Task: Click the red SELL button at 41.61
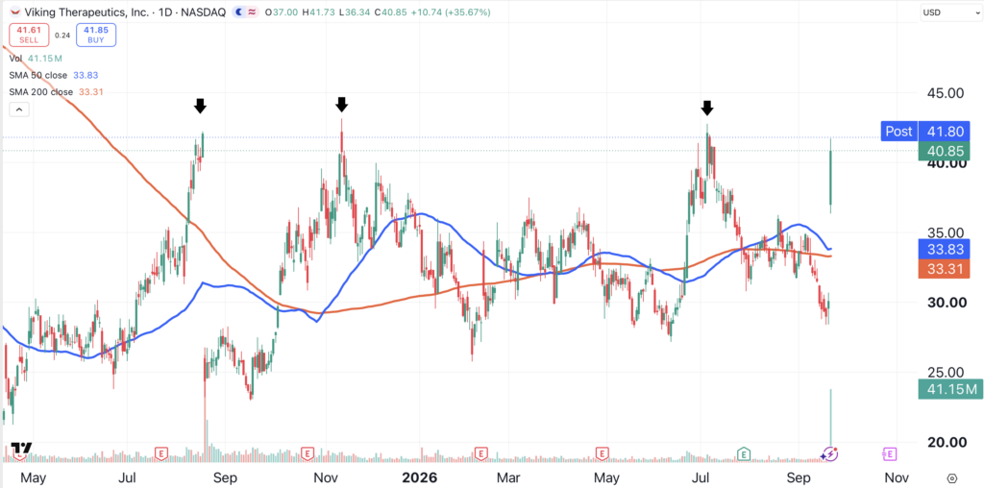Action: [x=28, y=36]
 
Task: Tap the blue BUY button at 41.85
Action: [x=96, y=36]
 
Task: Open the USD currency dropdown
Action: [x=948, y=12]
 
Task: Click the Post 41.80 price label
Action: [x=925, y=131]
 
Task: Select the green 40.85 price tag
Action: [x=944, y=151]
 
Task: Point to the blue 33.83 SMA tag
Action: [x=944, y=249]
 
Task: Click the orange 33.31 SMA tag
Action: [x=944, y=268]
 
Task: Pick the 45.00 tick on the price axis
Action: [x=946, y=93]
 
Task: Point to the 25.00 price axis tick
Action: [x=946, y=373]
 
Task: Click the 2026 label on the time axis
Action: [x=420, y=477]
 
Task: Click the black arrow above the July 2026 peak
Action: [x=707, y=108]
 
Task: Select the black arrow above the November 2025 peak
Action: [x=341, y=104]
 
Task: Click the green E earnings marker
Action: [x=744, y=452]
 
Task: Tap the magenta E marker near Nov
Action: [x=889, y=452]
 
